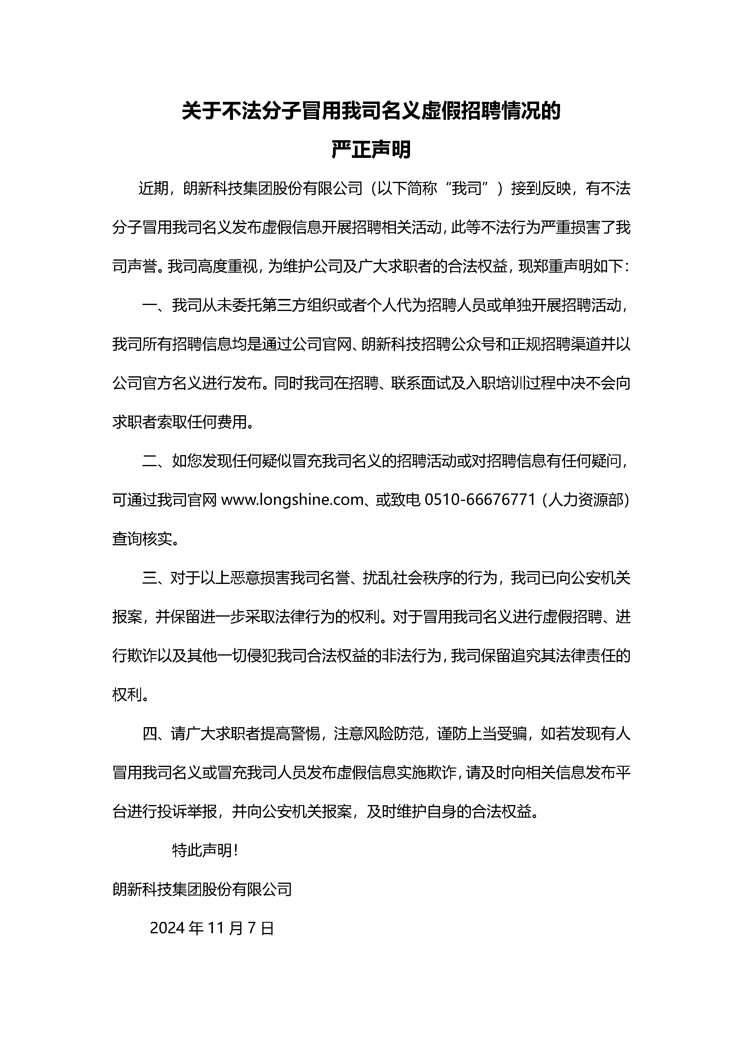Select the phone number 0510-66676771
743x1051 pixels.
point(480,500)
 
